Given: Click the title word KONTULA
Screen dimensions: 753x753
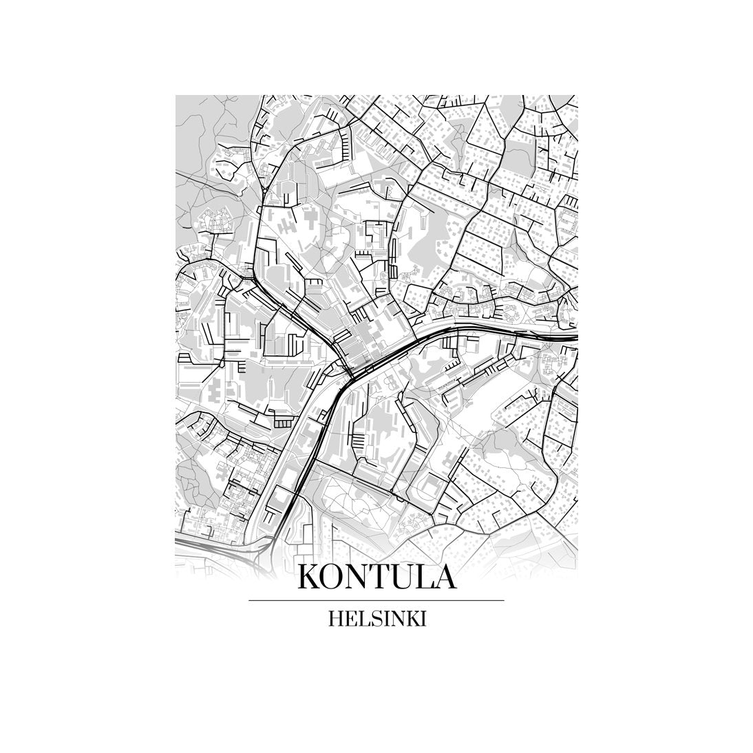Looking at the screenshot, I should (376, 577).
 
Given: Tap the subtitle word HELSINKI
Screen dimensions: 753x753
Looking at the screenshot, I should (376, 618).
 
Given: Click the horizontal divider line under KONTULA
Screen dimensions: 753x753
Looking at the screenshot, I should (376, 601).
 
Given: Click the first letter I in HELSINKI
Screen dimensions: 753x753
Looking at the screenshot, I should (383, 618).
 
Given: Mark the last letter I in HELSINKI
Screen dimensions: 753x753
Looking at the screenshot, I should (423, 618).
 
